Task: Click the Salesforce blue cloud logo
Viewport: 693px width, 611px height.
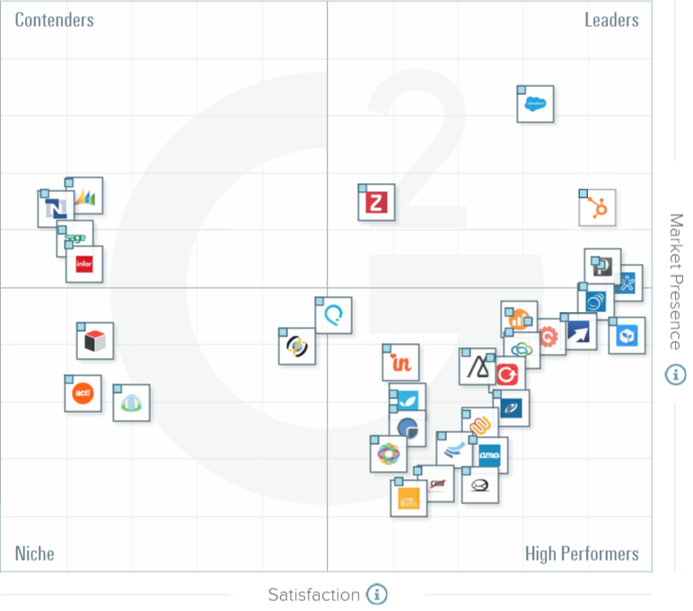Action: click(536, 104)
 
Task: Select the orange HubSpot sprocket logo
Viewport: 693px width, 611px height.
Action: click(597, 208)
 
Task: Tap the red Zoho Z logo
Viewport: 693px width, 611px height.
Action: click(377, 203)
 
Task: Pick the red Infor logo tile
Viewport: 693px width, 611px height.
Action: click(84, 265)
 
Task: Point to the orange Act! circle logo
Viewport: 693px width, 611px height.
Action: click(83, 394)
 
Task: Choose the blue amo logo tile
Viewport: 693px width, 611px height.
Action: click(489, 456)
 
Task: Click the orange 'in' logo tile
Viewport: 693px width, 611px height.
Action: click(400, 362)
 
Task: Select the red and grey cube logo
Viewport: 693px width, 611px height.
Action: click(95, 341)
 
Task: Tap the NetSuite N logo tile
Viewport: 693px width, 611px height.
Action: click(56, 209)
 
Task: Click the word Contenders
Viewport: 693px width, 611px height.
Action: click(55, 20)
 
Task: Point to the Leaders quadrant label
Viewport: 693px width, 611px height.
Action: click(611, 20)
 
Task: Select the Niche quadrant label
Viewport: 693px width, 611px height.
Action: click(34, 553)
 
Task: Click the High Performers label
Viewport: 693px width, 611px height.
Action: click(582, 554)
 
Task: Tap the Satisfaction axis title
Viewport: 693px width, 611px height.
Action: click(313, 594)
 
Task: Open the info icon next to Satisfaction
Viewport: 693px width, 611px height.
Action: click(377, 594)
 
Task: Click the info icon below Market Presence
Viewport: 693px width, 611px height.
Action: click(675, 374)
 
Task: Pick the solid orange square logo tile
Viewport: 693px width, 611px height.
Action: click(408, 498)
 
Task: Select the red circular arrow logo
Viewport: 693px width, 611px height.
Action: click(507, 371)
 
